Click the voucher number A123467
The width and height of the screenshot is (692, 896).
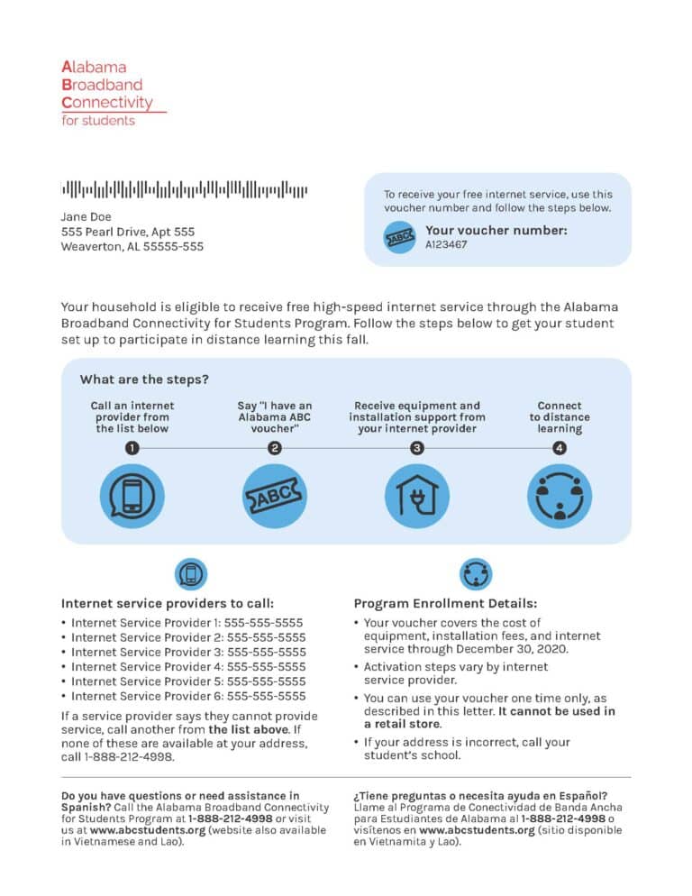click(x=446, y=244)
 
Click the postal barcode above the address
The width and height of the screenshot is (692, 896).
click(x=184, y=189)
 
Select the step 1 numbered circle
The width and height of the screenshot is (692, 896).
click(x=132, y=448)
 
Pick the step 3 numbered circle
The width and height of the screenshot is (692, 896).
click(x=416, y=448)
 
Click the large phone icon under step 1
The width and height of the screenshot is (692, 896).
click(x=132, y=496)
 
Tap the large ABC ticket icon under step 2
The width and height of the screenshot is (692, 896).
click(x=275, y=496)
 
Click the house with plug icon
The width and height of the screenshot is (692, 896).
click(x=416, y=496)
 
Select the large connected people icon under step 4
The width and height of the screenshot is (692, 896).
click(x=559, y=496)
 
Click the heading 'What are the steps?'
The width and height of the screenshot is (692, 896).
click(x=144, y=379)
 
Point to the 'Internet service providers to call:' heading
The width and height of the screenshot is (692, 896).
click(x=168, y=603)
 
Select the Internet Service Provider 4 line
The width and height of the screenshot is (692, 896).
click(x=188, y=667)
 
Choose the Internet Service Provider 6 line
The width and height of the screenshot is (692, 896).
click(x=188, y=696)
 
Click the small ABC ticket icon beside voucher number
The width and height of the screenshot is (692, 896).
click(x=400, y=237)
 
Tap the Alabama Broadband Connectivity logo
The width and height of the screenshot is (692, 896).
click(x=108, y=93)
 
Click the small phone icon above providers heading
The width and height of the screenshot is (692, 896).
click(x=190, y=573)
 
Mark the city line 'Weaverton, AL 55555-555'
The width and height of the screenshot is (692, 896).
click(x=132, y=246)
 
